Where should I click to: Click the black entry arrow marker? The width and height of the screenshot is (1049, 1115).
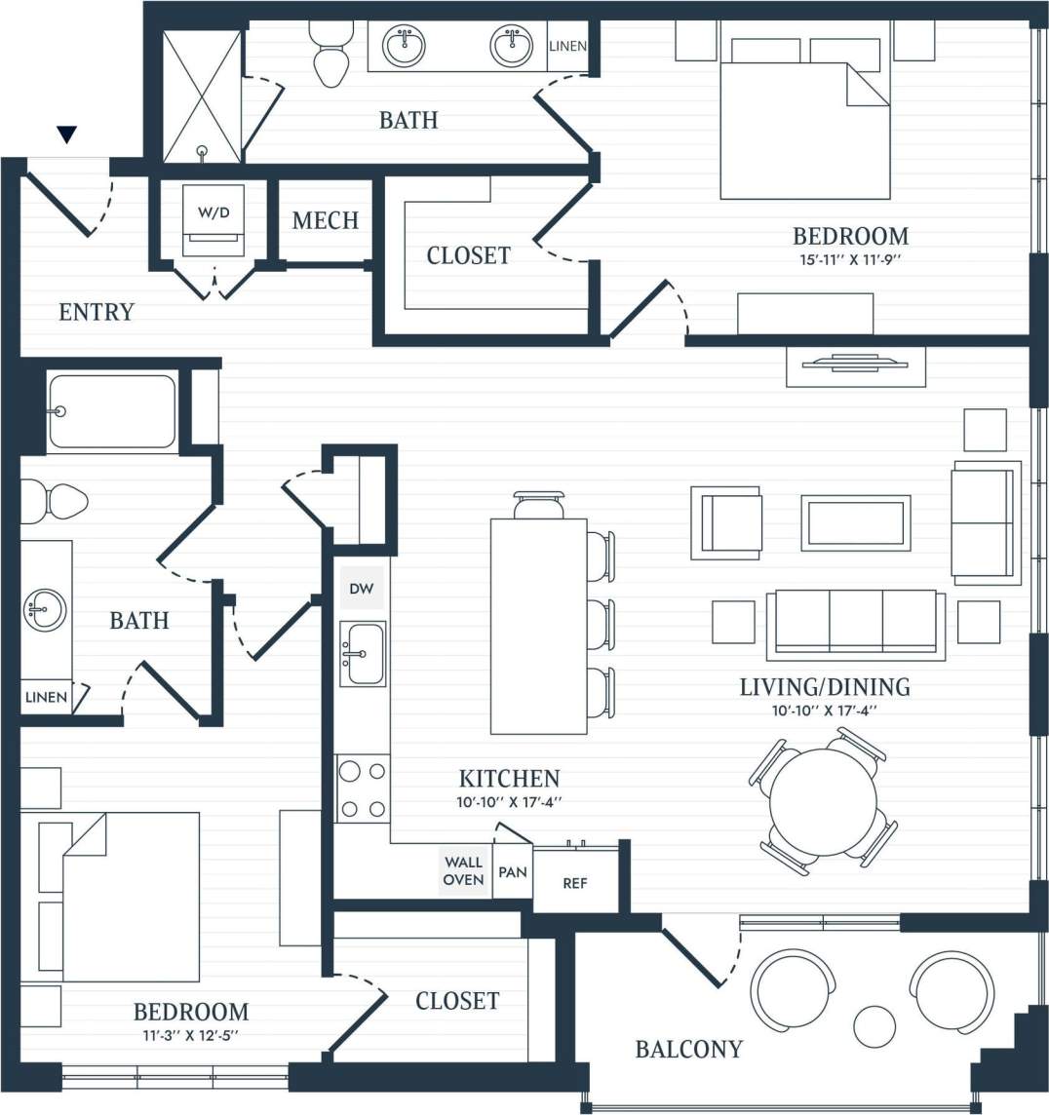pyautogui.click(x=66, y=135)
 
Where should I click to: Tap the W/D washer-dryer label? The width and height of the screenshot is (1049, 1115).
pyautogui.click(x=214, y=212)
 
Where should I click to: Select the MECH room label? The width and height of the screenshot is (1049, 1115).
pyautogui.click(x=326, y=221)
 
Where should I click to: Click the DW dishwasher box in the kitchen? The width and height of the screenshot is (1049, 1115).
pyautogui.click(x=361, y=589)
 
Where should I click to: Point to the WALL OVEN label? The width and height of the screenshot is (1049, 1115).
pyautogui.click(x=463, y=870)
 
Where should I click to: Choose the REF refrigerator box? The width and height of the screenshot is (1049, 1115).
pyautogui.click(x=575, y=883)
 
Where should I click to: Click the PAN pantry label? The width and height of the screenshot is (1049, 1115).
pyautogui.click(x=512, y=871)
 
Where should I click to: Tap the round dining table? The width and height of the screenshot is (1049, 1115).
pyautogui.click(x=822, y=802)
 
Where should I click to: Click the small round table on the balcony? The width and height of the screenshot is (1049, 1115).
pyautogui.click(x=874, y=1025)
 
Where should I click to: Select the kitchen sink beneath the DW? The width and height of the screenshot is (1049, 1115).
pyautogui.click(x=363, y=654)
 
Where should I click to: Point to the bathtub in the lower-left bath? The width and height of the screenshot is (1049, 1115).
pyautogui.click(x=111, y=411)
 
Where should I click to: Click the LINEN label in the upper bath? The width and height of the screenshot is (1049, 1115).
pyautogui.click(x=567, y=47)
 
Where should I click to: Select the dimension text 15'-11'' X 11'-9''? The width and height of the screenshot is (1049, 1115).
pyautogui.click(x=850, y=260)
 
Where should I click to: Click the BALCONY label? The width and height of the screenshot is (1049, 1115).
pyautogui.click(x=688, y=1049)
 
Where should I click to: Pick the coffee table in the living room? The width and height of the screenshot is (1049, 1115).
pyautogui.click(x=856, y=523)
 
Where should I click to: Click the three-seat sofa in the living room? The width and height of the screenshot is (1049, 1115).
pyautogui.click(x=856, y=622)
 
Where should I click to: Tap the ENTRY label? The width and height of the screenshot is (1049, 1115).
pyautogui.click(x=97, y=312)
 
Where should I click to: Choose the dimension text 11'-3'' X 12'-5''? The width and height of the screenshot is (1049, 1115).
pyautogui.click(x=190, y=1035)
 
